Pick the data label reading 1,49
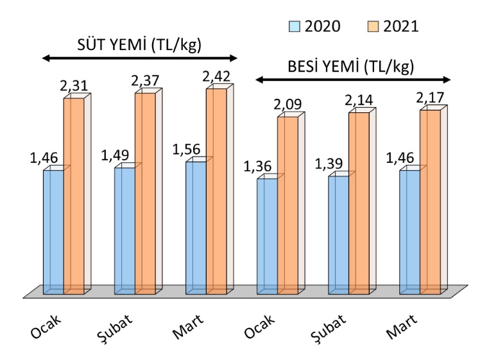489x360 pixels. pos(116,156)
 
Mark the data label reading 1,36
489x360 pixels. pos(258,166)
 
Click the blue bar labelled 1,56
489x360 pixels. pos(196,227)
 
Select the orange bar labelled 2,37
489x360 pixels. pos(145,193)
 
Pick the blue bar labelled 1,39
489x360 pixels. pos(338,234)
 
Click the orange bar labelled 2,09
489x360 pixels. pos(287,205)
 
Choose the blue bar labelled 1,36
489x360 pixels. pos(267,236)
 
